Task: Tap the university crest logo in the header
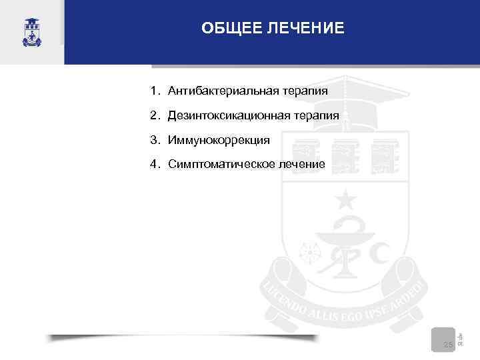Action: click(31, 31)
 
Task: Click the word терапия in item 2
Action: click(313, 115)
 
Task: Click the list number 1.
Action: click(153, 90)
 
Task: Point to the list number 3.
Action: click(153, 140)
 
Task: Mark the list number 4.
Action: click(153, 164)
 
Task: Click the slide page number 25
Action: click(448, 345)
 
